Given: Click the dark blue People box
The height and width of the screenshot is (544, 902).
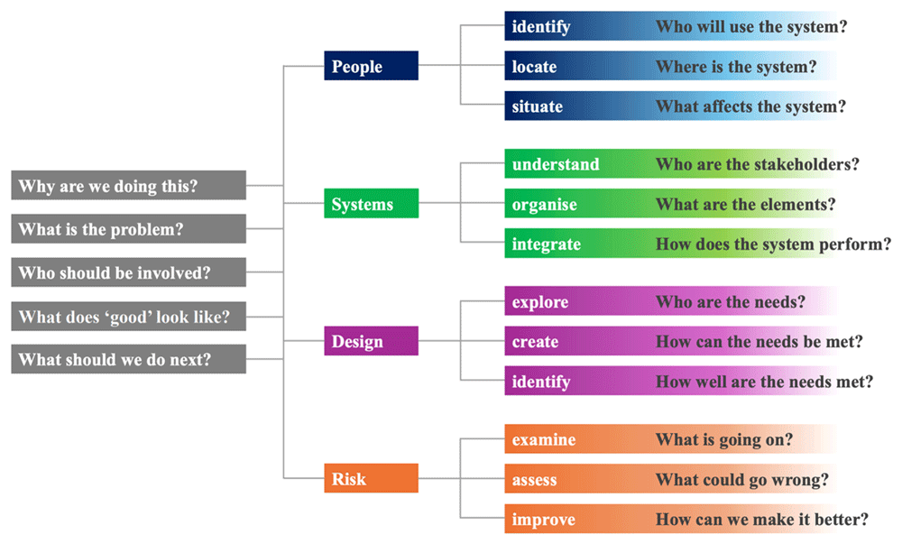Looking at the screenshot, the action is click(371, 66).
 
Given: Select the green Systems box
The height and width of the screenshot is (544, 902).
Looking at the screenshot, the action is click(371, 203).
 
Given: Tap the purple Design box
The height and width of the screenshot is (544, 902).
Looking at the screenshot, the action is click(371, 340).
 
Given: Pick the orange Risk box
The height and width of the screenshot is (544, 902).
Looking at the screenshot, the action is click(371, 478).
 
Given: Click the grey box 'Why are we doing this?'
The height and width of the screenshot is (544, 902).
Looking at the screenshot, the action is click(129, 185).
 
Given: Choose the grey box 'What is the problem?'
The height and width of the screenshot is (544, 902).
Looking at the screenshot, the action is click(129, 229).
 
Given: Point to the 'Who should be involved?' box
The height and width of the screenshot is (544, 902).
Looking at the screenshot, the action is click(129, 272).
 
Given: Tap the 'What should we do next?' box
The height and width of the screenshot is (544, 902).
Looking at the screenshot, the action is click(129, 359).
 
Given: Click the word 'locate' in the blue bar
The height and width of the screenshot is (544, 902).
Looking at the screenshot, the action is click(534, 67).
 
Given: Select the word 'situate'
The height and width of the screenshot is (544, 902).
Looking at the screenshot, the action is click(538, 106).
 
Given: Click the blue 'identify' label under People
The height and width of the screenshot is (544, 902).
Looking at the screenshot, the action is click(540, 27).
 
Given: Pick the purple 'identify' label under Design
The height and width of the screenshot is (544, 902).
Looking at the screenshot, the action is click(540, 382).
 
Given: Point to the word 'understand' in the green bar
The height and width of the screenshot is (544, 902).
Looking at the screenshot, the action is click(556, 164).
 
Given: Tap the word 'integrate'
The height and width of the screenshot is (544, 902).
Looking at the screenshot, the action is click(546, 244).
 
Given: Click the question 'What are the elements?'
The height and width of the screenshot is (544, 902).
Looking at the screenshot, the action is click(746, 204).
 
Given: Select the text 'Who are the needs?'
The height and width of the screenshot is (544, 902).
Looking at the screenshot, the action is click(731, 302).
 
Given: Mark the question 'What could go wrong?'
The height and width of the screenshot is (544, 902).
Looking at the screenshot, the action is click(742, 480).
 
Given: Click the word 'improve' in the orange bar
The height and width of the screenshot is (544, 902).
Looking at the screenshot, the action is click(543, 520).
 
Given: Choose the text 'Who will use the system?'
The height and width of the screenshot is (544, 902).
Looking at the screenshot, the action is click(751, 26).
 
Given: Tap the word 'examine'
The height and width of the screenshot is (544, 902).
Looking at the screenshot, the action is click(544, 440).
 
